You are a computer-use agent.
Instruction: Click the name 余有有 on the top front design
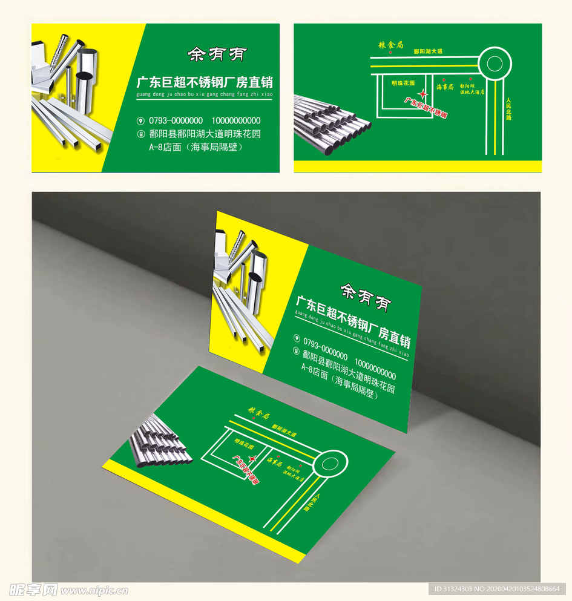point(209,55)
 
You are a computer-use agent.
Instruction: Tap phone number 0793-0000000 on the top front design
point(176,120)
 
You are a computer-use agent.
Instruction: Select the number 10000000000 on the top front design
point(236,120)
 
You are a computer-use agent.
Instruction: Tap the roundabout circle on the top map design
point(495,63)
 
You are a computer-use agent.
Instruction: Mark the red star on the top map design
point(424,94)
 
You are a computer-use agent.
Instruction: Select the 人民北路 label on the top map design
point(508,109)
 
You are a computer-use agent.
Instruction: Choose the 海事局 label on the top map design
point(445,87)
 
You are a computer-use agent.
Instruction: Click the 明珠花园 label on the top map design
point(403,82)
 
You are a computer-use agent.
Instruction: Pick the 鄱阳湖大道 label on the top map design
point(428,51)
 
